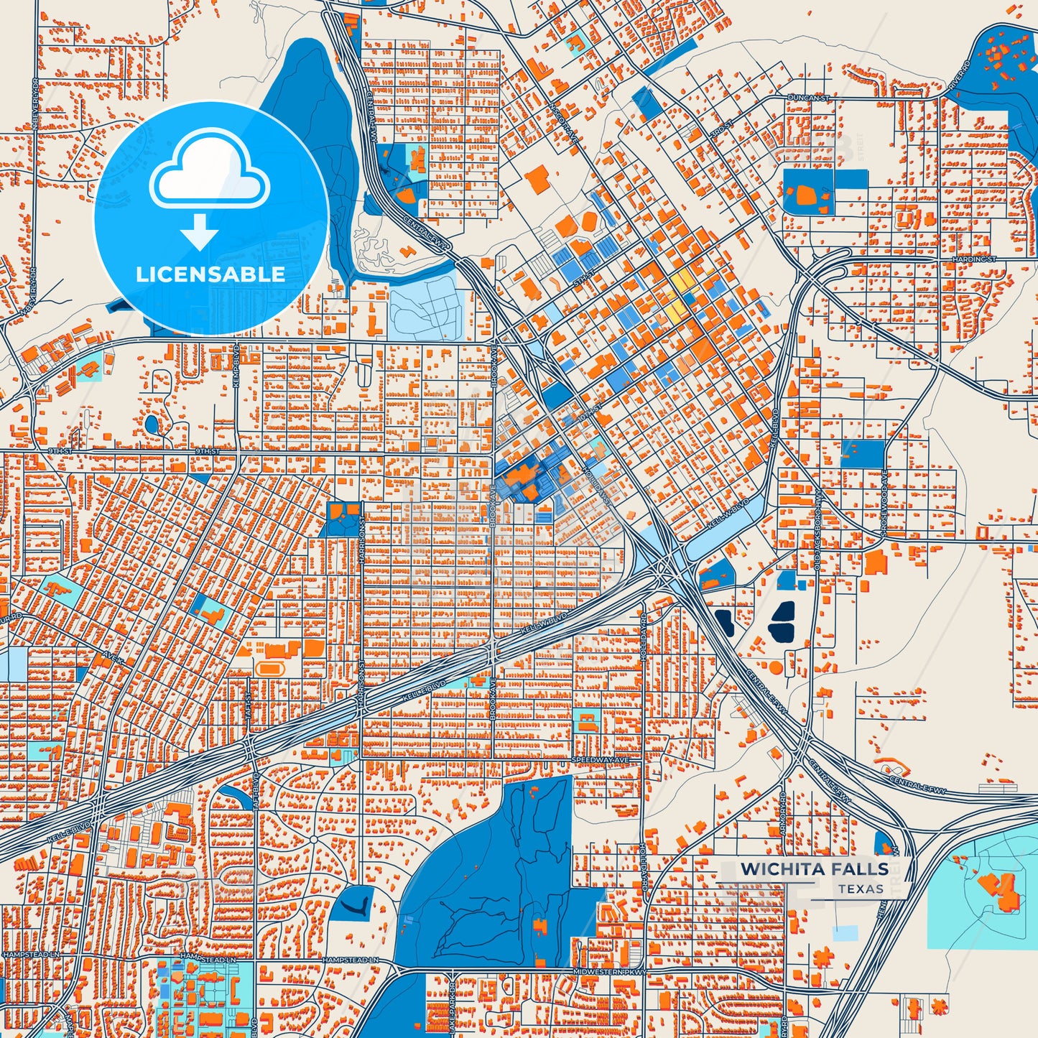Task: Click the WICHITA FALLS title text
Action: tap(814, 868)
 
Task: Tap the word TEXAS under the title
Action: tap(860, 889)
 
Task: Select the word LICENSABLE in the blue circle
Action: tap(210, 274)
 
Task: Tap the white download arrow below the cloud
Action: tap(199, 232)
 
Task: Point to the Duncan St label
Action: tap(808, 97)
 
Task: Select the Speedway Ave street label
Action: tap(600, 759)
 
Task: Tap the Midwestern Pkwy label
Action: tap(610, 972)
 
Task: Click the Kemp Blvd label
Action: tap(236, 367)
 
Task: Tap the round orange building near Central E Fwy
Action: tap(776, 667)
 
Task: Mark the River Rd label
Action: tap(958, 75)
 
